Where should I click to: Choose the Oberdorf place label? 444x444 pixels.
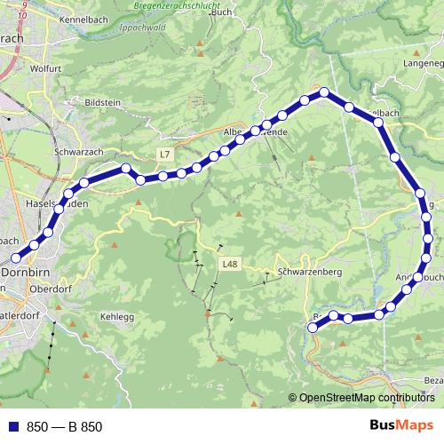51,289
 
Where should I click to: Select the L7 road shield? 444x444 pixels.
164,155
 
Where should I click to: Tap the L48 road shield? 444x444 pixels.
230,264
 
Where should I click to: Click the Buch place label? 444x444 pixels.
222,12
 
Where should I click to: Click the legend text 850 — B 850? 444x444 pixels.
65,427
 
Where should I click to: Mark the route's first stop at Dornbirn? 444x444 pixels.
14,258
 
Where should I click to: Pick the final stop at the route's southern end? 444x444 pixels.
313,328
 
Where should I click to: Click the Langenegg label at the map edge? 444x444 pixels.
423,64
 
